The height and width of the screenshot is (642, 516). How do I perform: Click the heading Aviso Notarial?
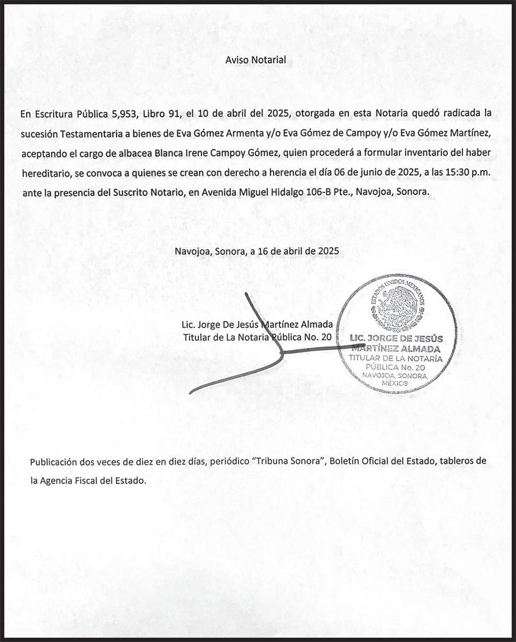(x=256, y=60)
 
